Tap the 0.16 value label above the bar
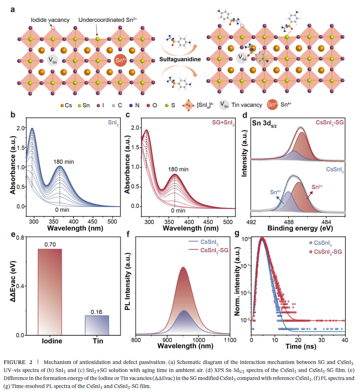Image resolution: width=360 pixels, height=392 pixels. (97, 311)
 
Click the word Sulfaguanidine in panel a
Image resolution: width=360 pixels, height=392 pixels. (180, 59)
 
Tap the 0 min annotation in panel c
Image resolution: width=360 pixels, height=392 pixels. (178, 211)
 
